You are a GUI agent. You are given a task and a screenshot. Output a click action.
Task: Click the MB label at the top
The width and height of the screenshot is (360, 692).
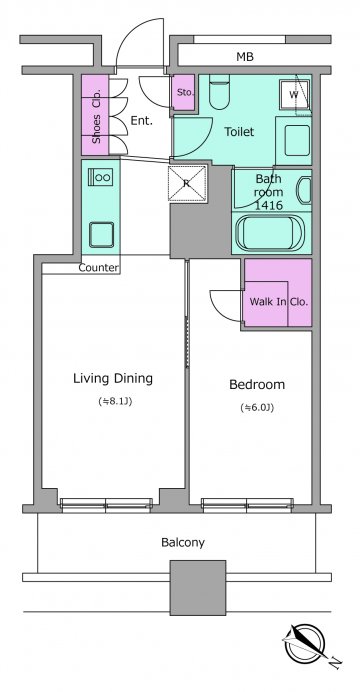[245, 57]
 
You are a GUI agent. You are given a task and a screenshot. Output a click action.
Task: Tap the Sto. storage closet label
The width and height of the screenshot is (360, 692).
[183, 93]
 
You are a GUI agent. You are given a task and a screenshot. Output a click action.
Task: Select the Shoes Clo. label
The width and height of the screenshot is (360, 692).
[96, 116]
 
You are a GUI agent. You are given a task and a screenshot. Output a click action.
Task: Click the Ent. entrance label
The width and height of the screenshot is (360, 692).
[142, 120]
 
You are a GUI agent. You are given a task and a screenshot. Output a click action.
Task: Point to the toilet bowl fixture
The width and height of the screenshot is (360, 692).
[219, 92]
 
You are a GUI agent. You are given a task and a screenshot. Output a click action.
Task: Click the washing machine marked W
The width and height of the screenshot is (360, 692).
[294, 95]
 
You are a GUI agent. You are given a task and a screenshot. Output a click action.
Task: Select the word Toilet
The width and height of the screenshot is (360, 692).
[239, 132]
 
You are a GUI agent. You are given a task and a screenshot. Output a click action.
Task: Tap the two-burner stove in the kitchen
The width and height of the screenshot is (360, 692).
[100, 177]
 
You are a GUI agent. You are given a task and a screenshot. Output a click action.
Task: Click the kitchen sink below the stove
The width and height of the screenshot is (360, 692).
[101, 235]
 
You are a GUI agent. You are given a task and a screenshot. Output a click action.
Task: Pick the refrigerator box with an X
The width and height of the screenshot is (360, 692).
[187, 184]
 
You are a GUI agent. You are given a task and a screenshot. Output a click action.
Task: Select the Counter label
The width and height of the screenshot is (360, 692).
[98, 267]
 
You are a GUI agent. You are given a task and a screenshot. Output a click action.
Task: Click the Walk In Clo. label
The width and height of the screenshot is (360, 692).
[278, 302]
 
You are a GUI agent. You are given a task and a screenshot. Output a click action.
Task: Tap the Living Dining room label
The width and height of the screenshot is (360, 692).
[113, 379]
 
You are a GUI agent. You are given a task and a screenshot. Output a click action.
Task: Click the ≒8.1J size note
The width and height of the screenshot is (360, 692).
[115, 402]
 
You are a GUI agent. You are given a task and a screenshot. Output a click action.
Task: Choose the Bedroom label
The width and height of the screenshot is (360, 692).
[257, 385]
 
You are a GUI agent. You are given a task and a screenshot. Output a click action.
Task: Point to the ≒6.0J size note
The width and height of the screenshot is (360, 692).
[257, 408]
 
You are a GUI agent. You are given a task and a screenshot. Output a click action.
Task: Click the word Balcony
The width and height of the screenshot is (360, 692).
[183, 542]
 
